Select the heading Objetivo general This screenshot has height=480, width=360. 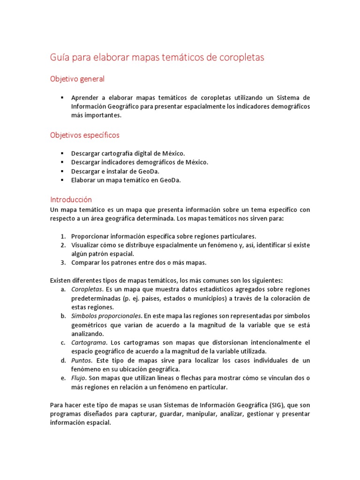[x=77, y=79]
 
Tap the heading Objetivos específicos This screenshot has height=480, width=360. [x=85, y=135]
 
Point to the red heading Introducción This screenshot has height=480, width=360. [x=71, y=199]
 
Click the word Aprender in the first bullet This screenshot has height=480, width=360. [x=85, y=97]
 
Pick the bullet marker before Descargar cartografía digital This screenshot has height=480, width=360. [x=62, y=153]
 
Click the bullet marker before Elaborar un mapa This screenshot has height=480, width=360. [x=62, y=180]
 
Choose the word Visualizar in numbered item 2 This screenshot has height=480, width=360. [x=86, y=245]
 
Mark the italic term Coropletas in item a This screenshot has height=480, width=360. [x=86, y=289]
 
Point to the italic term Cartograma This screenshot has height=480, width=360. [x=88, y=343]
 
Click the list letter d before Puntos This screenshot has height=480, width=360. [x=63, y=360]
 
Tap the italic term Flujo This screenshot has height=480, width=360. [x=78, y=378]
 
